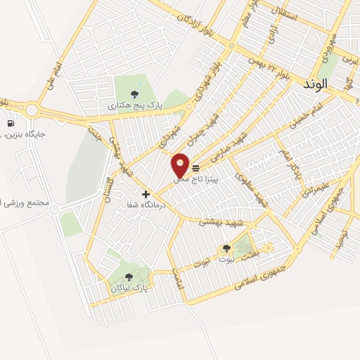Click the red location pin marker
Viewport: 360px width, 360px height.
[181, 166]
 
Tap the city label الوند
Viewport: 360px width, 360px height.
[312, 84]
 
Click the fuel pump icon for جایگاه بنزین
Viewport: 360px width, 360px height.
[11, 124]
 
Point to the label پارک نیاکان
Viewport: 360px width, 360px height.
[130, 288]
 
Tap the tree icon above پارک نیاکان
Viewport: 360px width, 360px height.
[128, 277]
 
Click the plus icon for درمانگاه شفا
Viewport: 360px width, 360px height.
[146, 194]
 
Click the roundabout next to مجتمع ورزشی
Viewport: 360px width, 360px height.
[54, 210]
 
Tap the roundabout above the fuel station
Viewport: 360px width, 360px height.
[32, 110]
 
